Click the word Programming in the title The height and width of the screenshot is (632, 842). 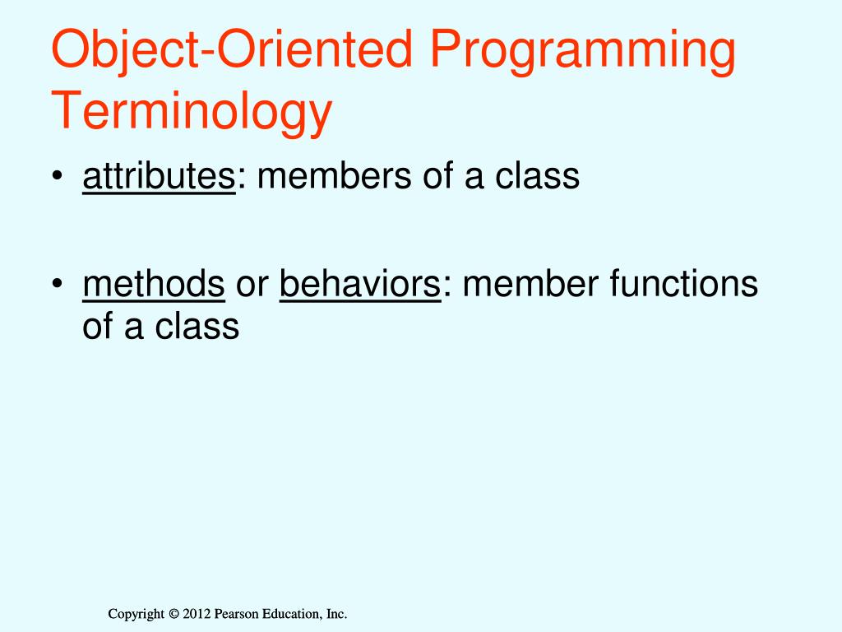coord(583,51)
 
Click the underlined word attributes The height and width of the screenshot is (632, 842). coord(159,175)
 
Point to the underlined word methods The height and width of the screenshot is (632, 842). coord(154,283)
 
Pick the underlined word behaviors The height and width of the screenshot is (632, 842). coord(360,283)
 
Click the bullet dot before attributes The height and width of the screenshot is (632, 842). coord(58,176)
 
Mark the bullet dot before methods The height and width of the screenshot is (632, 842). coord(58,283)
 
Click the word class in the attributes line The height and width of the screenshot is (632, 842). coord(537,175)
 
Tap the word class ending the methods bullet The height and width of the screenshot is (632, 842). coord(197,326)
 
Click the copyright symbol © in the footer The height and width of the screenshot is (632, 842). coord(173,614)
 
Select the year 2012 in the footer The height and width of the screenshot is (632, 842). coord(197,614)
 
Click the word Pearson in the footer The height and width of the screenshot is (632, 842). coord(236,614)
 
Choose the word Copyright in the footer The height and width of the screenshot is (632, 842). coord(136,614)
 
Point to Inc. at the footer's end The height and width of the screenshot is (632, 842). coord(336,614)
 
